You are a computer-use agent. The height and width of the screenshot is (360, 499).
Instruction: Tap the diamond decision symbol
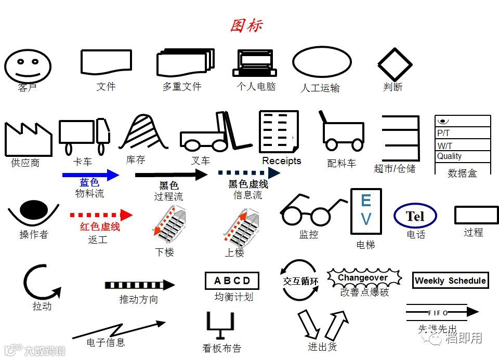pos(395,65)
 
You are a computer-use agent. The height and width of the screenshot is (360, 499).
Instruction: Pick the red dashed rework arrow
pos(101,215)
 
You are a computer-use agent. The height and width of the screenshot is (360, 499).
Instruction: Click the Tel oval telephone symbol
pos(415,216)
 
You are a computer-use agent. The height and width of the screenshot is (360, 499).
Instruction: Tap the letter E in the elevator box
pos(366,201)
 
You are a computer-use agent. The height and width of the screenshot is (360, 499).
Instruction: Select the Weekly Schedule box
pos(450,281)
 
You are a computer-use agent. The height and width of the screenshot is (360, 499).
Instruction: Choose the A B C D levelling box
pos(232,281)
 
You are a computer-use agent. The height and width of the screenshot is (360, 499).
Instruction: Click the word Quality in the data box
pos(450,156)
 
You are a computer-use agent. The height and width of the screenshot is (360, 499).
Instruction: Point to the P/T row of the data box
pos(462,133)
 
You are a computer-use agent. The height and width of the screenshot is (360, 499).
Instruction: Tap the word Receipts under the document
pos(281,161)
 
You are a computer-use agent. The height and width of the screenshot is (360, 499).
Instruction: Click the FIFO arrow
pos(442,312)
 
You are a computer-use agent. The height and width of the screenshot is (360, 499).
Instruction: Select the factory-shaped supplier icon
pos(28,139)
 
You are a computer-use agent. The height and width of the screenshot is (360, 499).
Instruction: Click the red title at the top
pos(246,25)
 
